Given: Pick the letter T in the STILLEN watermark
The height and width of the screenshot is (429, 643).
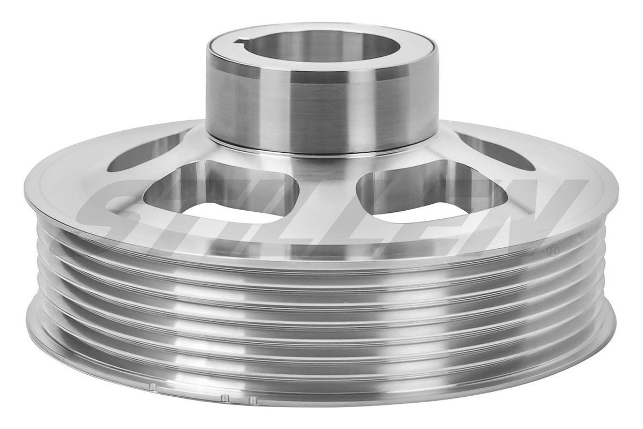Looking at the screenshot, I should [x=198, y=209].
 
